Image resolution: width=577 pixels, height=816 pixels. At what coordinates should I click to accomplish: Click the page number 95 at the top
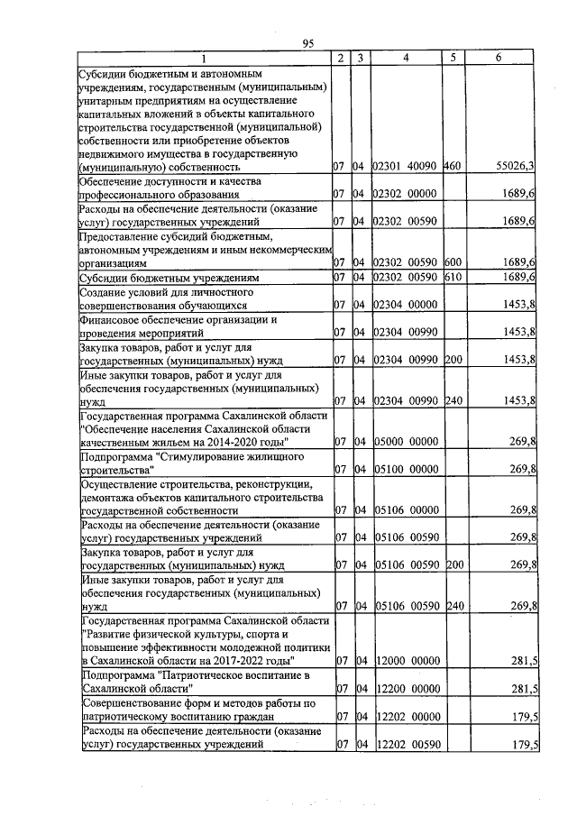click(x=307, y=42)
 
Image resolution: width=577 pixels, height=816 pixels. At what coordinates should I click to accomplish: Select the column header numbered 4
click(x=406, y=59)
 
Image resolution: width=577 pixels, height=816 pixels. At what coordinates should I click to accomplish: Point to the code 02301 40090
click(x=406, y=166)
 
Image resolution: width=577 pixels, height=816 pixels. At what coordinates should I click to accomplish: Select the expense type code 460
click(x=453, y=166)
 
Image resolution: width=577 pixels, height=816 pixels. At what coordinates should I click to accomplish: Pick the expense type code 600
click(x=453, y=261)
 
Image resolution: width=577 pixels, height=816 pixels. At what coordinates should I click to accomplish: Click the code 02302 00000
click(x=406, y=194)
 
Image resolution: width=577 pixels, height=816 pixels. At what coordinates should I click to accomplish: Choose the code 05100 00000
click(x=406, y=469)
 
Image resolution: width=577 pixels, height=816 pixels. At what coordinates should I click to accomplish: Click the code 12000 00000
click(x=406, y=661)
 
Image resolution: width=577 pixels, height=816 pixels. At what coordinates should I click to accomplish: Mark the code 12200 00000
click(x=406, y=689)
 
